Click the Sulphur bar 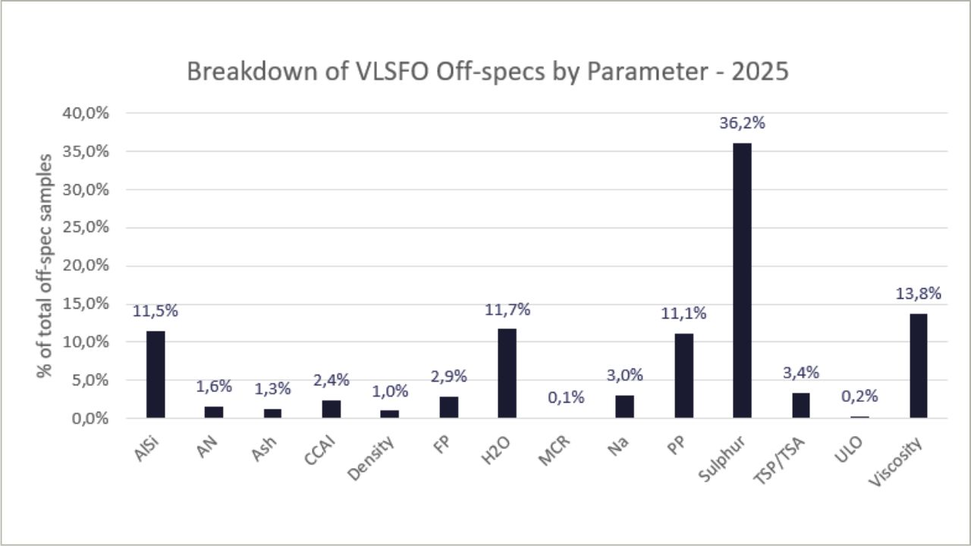(742, 280)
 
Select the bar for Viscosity (918, 366)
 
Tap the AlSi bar (156, 374)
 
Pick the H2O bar (507, 373)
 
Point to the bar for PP (683, 375)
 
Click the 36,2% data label (742, 124)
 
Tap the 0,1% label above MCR (565, 397)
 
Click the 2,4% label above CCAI (331, 380)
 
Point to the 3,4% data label (801, 373)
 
